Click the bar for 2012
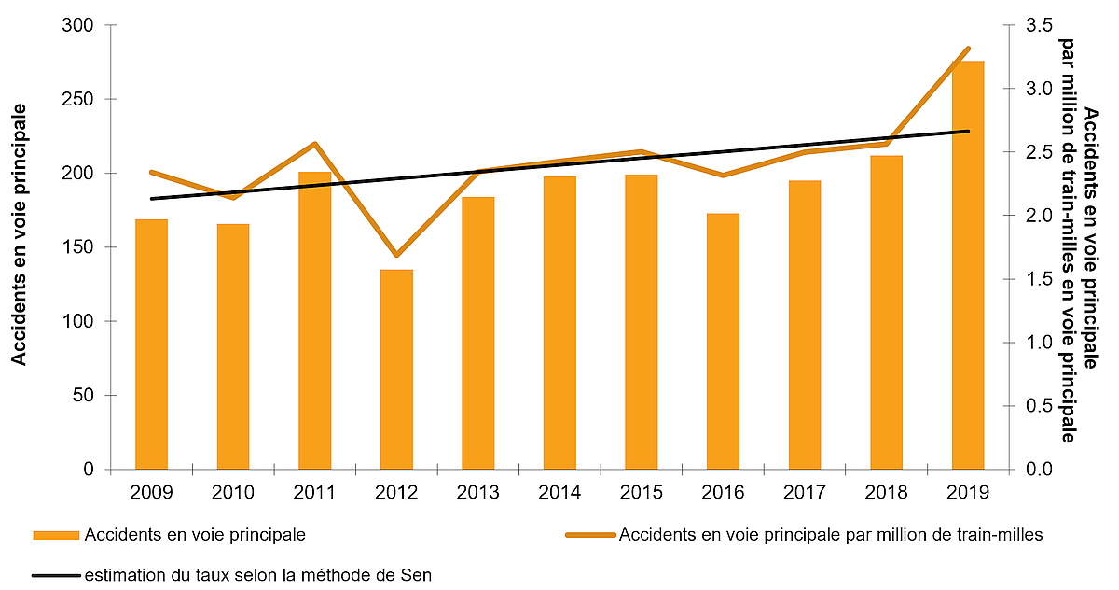(x=396, y=370)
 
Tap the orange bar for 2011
(x=314, y=320)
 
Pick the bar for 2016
(x=723, y=342)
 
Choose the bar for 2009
(x=151, y=344)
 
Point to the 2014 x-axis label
(x=559, y=492)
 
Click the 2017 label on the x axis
(x=805, y=492)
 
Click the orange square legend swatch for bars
(x=56, y=536)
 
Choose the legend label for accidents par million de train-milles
(x=830, y=536)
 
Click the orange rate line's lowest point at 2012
(x=396, y=255)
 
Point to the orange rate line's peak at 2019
(x=968, y=49)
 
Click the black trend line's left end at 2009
(x=151, y=199)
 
